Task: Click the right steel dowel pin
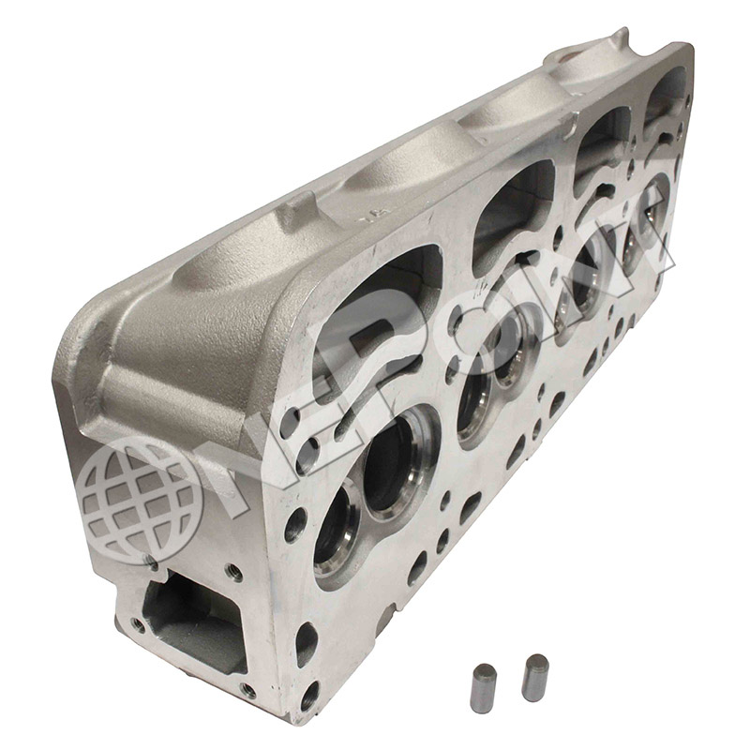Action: click(x=535, y=676)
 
